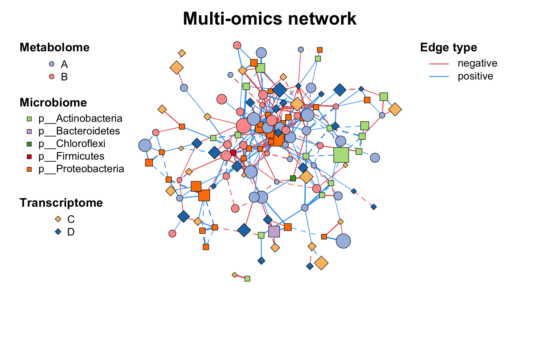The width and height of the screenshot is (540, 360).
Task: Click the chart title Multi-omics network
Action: (x=269, y=19)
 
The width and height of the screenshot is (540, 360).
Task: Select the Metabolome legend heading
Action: (x=54, y=47)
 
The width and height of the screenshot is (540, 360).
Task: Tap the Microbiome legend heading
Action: (x=53, y=103)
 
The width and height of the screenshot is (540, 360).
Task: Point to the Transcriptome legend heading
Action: (x=61, y=203)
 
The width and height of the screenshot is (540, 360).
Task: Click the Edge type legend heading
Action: (x=448, y=47)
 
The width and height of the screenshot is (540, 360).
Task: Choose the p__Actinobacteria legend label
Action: (x=80, y=118)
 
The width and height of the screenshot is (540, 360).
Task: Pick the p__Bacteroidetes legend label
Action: (x=79, y=131)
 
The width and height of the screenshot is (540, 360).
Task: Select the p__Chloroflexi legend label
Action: (x=72, y=144)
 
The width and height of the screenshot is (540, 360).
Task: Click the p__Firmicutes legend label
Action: (x=71, y=156)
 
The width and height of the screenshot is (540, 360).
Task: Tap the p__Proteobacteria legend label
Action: (x=81, y=169)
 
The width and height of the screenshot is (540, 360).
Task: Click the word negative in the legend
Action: (x=477, y=63)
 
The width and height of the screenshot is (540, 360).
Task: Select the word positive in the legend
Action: (x=475, y=76)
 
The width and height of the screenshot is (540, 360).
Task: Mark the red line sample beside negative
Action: (x=439, y=64)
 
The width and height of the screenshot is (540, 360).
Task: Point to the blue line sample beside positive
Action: (x=439, y=76)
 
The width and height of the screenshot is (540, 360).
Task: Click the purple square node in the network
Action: (x=274, y=231)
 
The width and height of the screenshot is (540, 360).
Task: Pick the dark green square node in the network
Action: (x=293, y=178)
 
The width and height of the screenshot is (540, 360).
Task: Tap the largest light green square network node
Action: (x=341, y=155)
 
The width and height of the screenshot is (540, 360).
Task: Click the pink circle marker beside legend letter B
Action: (x=52, y=77)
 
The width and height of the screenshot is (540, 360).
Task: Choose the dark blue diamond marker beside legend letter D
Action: (x=58, y=232)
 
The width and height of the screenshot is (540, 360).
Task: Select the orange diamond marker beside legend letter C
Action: (x=58, y=219)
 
